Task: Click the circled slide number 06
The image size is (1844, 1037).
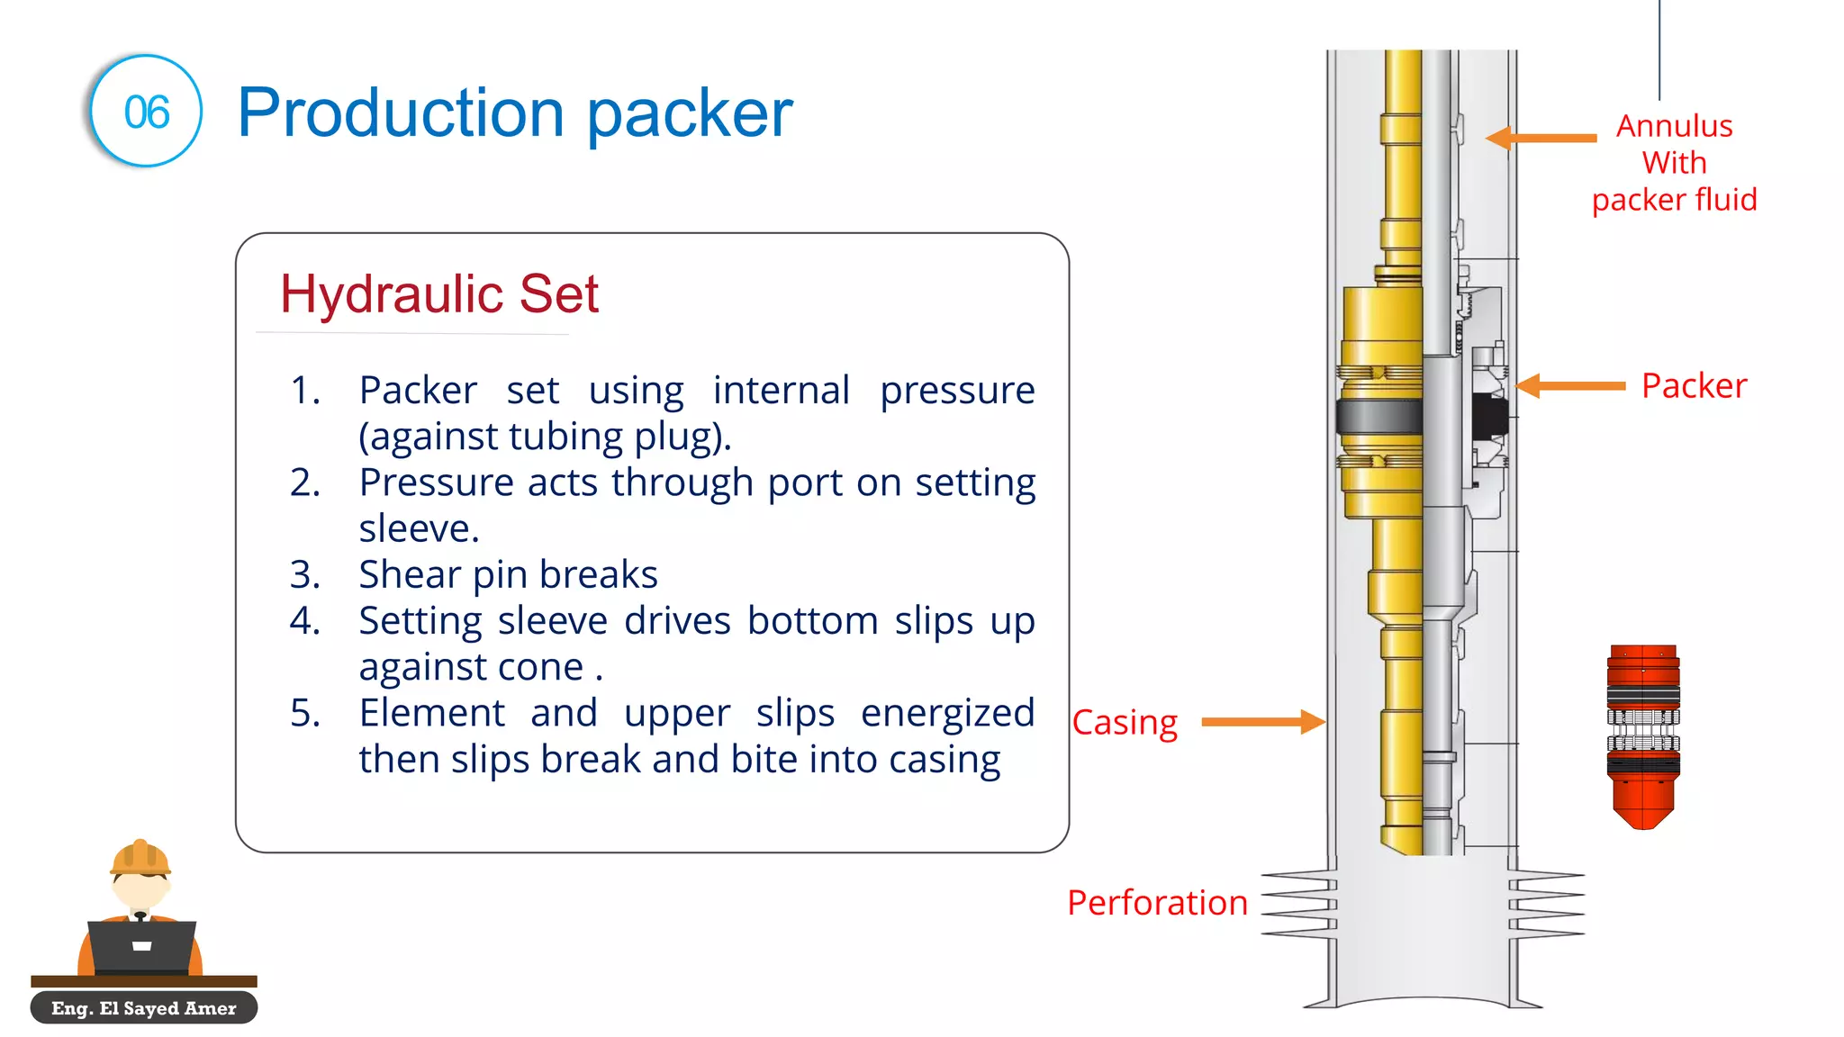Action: (146, 112)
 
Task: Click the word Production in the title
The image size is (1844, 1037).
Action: (400, 113)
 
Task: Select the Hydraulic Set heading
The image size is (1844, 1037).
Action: (439, 293)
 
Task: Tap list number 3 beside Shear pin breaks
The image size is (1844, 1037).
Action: (304, 574)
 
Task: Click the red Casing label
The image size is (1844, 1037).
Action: (1125, 722)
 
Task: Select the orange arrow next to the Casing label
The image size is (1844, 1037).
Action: (1262, 721)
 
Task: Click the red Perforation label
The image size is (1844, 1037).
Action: (1157, 902)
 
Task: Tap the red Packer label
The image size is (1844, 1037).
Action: (1694, 385)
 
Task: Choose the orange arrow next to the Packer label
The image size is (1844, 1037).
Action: (1570, 385)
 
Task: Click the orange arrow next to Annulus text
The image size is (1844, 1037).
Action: (1541, 138)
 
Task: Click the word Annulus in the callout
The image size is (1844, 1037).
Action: (1674, 126)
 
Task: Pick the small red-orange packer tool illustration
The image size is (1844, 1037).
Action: (1643, 735)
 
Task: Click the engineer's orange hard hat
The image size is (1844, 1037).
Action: (140, 857)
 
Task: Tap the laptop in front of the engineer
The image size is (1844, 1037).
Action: (141, 946)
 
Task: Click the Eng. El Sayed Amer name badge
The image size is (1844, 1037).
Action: (144, 1008)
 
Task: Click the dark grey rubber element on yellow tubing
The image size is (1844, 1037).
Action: (1378, 416)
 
